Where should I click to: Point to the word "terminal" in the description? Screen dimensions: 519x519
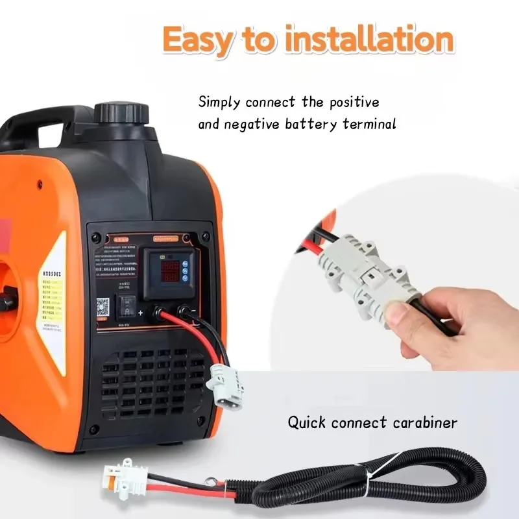(x=367, y=124)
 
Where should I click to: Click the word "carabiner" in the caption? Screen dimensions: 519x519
(x=425, y=423)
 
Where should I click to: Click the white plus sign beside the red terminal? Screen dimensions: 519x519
(x=140, y=313)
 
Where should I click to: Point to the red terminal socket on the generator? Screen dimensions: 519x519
(x=157, y=312)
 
